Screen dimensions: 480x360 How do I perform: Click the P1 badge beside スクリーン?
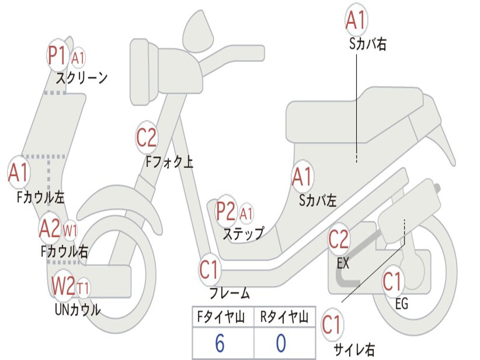pos(58,56)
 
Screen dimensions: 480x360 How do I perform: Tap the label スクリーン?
pos(82,77)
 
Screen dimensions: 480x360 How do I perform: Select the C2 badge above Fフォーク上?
pos(147,137)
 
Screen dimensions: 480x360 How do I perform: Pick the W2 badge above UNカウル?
pos(63,285)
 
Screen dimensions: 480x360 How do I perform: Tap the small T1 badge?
pos(83,287)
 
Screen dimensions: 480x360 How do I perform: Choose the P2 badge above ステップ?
pos(226,211)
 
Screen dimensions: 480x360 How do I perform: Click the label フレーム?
pos(230,293)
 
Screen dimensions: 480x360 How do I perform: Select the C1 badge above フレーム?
pos(210,270)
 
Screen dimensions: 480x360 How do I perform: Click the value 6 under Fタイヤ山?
pos(219,344)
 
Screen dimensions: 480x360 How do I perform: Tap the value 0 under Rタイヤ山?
pos(281,344)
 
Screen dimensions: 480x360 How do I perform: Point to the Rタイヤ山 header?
pos(284,318)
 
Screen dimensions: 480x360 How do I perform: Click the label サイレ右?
pos(354,349)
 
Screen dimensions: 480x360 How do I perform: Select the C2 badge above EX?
pos(338,239)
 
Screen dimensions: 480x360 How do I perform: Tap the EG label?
pos(401,304)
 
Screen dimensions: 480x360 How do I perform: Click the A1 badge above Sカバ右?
pos(356,20)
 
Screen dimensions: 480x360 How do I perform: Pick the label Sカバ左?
pos(318,201)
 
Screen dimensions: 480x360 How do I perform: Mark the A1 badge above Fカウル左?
pos(19,173)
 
